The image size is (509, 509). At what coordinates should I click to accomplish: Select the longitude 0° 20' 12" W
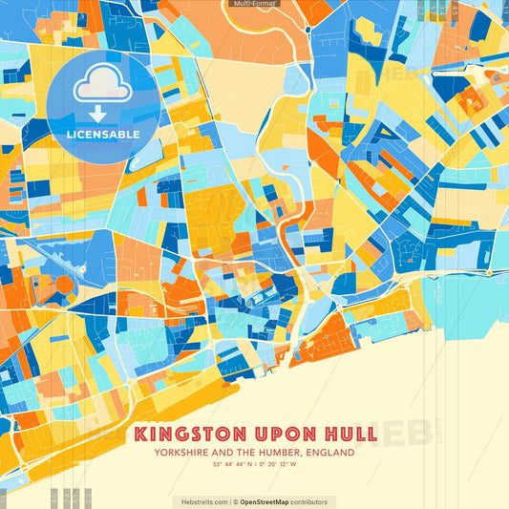coord(278,465)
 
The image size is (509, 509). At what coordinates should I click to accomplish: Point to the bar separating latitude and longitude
coord(254,465)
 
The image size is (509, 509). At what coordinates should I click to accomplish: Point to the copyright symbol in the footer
coord(235,501)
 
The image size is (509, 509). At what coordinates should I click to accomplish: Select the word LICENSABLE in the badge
coord(103,135)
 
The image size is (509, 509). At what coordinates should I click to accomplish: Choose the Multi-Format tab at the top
coord(254,4)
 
